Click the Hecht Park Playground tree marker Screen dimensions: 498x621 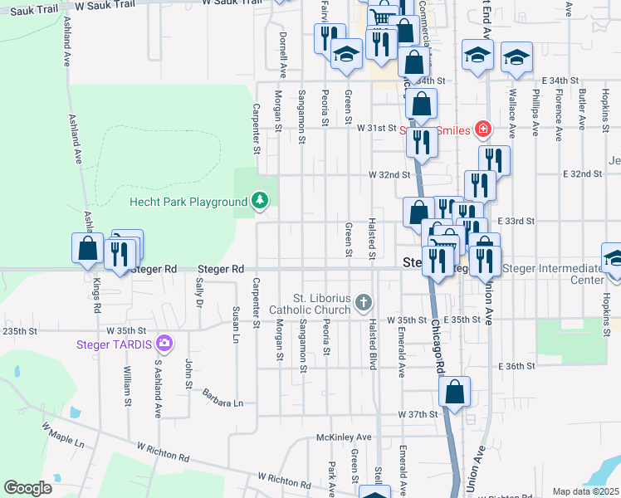coord(261,201)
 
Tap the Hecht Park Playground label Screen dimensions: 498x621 coord(188,202)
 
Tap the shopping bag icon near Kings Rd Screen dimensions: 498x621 coord(88,249)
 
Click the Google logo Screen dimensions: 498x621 coord(28,487)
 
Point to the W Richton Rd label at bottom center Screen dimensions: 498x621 coord(282,478)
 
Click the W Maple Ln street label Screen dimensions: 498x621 coord(63,435)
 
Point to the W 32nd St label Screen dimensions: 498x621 coord(390,175)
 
